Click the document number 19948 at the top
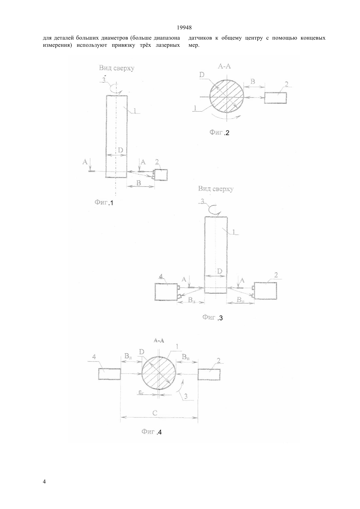(x=184, y=28)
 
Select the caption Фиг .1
(x=104, y=203)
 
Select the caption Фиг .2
(x=219, y=132)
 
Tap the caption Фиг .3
(x=212, y=318)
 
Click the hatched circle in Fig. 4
(x=159, y=373)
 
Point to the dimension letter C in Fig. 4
(x=154, y=412)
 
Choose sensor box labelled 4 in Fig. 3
(x=166, y=292)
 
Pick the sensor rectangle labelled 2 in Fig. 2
(x=275, y=98)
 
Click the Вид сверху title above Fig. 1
(x=117, y=68)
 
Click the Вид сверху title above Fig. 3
(x=216, y=189)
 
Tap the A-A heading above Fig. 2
(x=224, y=66)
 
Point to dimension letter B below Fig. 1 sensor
(x=139, y=183)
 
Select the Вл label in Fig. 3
(x=192, y=300)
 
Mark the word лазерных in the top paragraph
(x=168, y=45)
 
